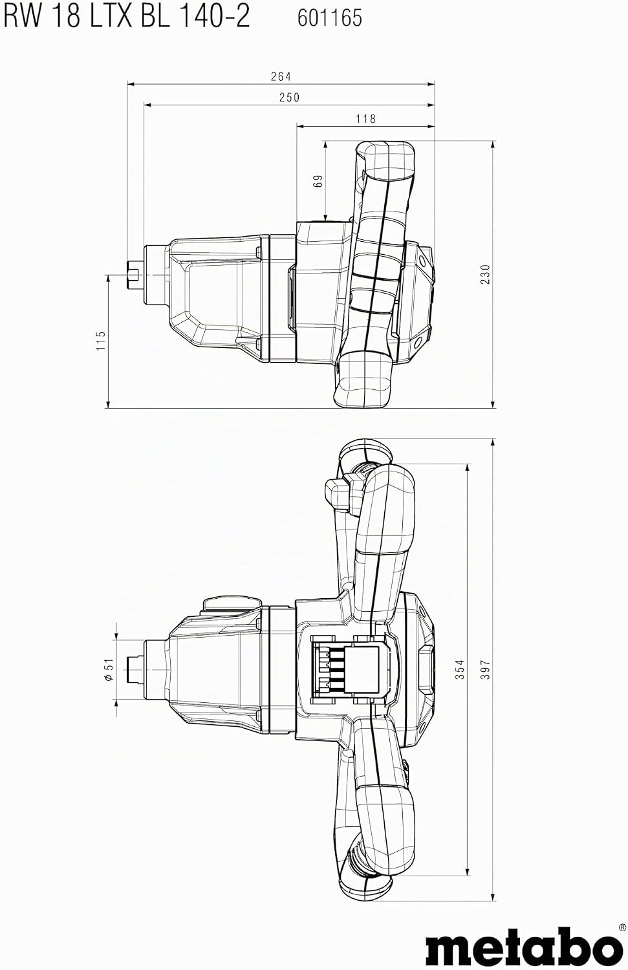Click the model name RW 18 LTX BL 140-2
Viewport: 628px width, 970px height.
[x=127, y=17]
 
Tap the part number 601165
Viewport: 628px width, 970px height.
[x=330, y=18]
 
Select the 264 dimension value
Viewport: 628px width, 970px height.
[x=281, y=77]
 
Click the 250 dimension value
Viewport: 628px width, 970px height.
[x=289, y=98]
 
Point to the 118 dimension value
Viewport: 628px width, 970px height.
[x=365, y=118]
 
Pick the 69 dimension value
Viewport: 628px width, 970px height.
[x=318, y=180]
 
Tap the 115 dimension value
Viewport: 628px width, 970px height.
[x=100, y=341]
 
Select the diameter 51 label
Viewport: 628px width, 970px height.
[x=109, y=670]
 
